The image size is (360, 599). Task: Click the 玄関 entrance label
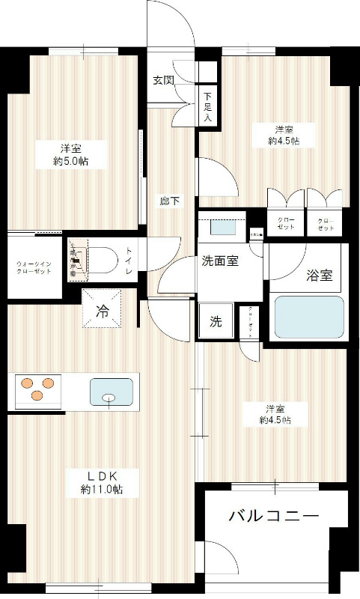pos(164,80)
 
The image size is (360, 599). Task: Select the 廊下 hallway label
pos(168,201)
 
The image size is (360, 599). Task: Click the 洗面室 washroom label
pos(220,262)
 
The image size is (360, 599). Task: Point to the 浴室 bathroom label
pos(320,276)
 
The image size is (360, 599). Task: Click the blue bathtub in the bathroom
pos(309,317)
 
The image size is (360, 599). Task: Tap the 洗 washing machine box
pos(216,322)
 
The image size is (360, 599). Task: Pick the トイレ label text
pos(129,261)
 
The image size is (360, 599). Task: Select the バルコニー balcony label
pos(274,517)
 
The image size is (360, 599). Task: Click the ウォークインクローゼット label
pos(33,267)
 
